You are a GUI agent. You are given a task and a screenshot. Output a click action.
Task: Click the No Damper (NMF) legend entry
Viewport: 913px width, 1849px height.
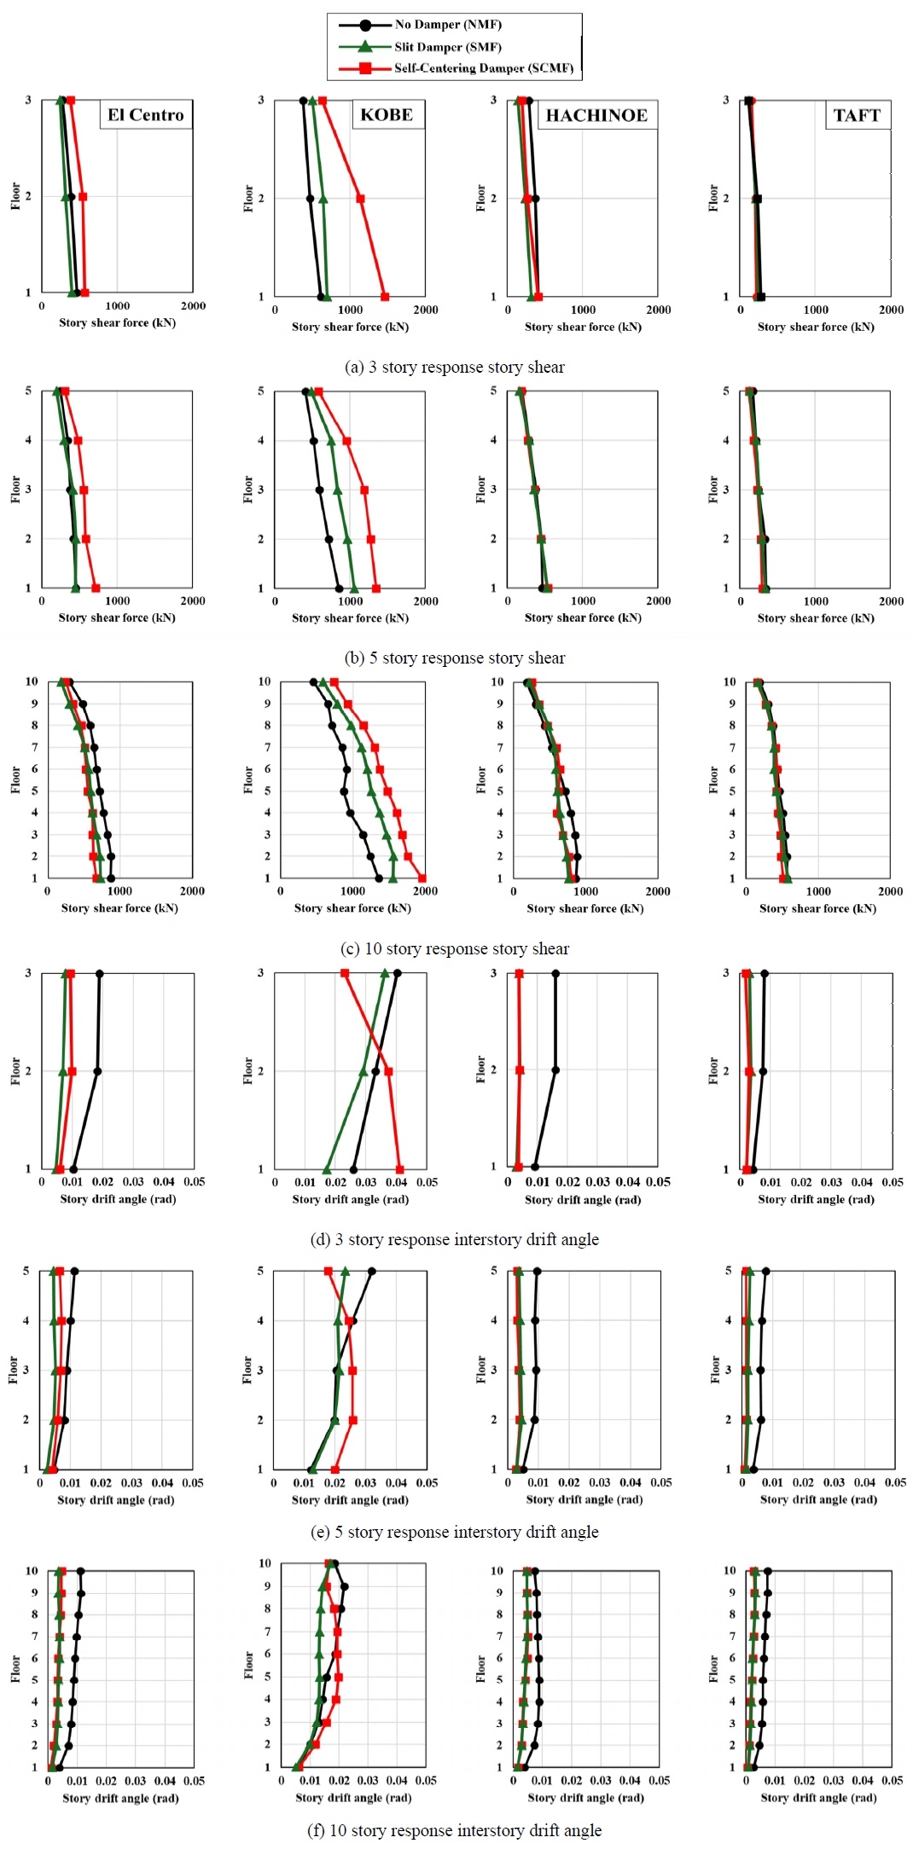[447, 25]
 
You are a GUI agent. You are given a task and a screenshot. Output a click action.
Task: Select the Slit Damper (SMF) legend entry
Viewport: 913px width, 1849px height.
[447, 47]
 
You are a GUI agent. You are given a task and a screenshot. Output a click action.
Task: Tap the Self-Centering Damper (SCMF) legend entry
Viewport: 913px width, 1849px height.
[483, 68]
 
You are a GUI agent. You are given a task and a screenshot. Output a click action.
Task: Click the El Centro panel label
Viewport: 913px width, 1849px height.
[146, 115]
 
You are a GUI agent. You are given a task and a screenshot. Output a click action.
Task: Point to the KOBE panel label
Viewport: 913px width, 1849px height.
[387, 115]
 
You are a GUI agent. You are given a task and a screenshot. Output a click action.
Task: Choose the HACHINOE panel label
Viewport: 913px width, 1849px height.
[596, 115]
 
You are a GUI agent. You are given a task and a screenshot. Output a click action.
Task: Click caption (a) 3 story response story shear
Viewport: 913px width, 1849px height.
[455, 368]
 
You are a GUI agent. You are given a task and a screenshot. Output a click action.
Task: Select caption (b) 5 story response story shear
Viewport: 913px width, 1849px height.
[455, 658]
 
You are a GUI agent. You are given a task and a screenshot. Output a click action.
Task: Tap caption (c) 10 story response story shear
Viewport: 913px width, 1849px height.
[455, 949]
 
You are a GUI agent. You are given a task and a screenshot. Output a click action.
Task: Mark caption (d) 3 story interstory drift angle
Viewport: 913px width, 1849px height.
[455, 1240]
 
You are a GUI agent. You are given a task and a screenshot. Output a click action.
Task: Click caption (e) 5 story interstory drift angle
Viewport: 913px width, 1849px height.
[455, 1533]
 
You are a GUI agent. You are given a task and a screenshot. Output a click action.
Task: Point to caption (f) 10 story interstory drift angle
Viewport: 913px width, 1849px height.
[455, 1831]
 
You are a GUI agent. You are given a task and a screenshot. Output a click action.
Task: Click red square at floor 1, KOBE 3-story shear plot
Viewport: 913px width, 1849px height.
[385, 297]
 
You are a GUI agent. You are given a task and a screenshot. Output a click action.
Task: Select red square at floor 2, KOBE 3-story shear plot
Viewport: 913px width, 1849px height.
[360, 199]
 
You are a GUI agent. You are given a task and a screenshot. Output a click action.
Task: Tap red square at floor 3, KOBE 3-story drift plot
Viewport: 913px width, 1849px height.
[345, 973]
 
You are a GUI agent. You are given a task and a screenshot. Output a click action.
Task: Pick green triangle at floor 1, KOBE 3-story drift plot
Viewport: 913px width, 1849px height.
[327, 1169]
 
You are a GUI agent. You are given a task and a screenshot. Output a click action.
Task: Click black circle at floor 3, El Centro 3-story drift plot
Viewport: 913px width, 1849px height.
[100, 973]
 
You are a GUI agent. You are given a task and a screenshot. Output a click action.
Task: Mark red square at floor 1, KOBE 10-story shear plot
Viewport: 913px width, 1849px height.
[422, 878]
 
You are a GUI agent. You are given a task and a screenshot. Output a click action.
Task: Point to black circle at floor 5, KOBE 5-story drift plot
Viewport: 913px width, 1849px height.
[371, 1272]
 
